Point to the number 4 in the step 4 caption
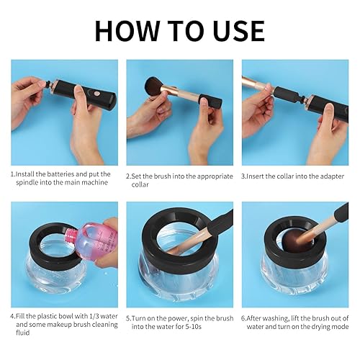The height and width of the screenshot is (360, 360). click(13, 315)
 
